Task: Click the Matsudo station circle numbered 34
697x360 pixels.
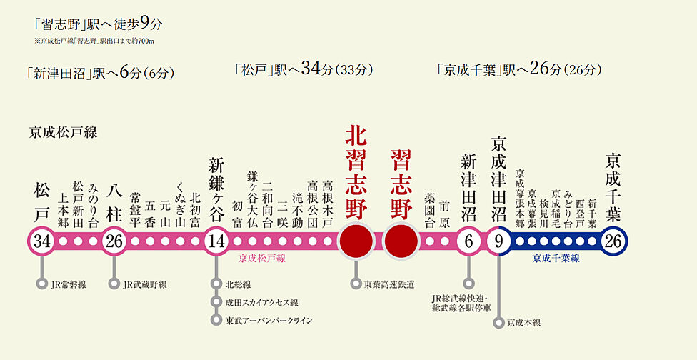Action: click(x=42, y=241)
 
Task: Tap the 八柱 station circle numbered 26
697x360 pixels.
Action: click(x=114, y=241)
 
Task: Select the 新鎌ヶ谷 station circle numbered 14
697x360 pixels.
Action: click(x=216, y=241)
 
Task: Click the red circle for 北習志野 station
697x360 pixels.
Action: click(x=356, y=241)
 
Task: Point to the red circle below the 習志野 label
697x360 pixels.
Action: click(x=401, y=241)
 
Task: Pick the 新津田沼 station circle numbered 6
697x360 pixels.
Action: click(x=468, y=241)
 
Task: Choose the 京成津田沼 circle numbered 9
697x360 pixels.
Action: click(x=498, y=241)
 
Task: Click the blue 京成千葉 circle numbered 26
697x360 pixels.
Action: click(x=612, y=241)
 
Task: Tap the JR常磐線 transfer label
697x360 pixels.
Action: click(x=69, y=284)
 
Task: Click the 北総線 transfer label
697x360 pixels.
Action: click(x=237, y=284)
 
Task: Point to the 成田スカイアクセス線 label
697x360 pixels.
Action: click(x=261, y=302)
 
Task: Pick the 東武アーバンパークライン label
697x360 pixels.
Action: click(x=269, y=320)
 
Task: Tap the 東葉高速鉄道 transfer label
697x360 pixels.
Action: click(x=389, y=284)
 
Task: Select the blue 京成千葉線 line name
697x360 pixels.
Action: click(x=556, y=258)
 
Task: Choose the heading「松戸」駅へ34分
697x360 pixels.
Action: click(x=304, y=70)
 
